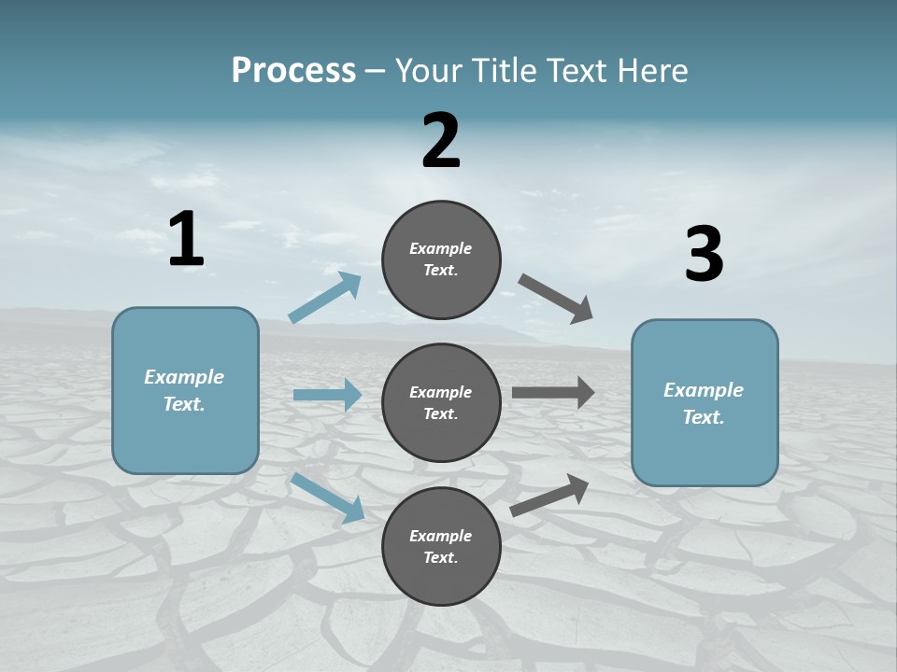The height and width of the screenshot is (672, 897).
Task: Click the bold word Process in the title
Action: [x=293, y=71]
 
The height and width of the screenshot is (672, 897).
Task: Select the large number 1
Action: [x=186, y=240]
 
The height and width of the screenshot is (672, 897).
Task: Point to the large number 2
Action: [x=441, y=141]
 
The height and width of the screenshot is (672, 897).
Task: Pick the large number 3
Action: [x=704, y=255]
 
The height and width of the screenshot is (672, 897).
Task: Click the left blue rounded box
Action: [x=185, y=390]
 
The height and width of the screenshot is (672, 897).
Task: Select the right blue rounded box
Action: [x=705, y=403]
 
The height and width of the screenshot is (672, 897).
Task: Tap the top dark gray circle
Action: [x=441, y=259]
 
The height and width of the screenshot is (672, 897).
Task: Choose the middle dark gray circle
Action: [x=441, y=402]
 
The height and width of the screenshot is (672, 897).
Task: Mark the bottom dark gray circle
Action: [x=441, y=546]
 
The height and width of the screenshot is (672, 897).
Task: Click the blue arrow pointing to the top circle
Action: [x=325, y=298]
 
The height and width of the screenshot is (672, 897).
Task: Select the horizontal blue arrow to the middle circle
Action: [x=327, y=395]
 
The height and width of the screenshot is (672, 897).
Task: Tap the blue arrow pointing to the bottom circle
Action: [x=328, y=497]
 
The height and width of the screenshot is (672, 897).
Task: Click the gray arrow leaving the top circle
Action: [x=556, y=299]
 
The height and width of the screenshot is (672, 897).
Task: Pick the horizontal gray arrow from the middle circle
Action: [x=552, y=393]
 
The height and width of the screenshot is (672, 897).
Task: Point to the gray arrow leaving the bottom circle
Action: [x=549, y=496]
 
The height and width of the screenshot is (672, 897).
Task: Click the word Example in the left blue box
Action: [x=184, y=377]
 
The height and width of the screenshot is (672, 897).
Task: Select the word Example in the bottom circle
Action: [x=441, y=536]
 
